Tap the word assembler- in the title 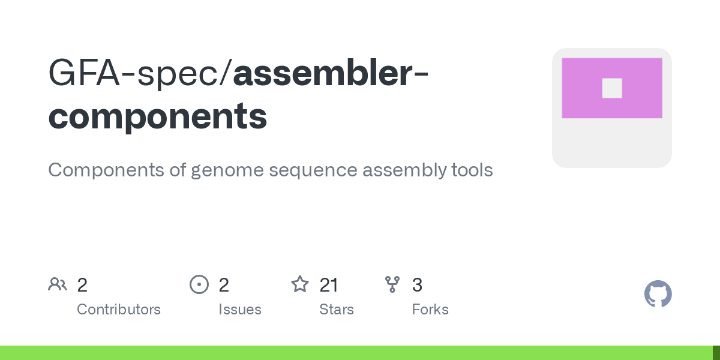point(331,73)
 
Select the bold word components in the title point(157,116)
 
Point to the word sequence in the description point(313,170)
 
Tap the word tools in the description point(472,170)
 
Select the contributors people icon point(58,284)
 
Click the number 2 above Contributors point(82,285)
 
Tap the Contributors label point(119,310)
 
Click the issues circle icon point(199,284)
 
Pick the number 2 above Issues point(224,285)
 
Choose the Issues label point(240,310)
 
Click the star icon point(299,284)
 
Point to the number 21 point(329,285)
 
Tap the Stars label point(337,310)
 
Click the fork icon point(392,284)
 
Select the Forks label point(430,310)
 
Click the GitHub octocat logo point(658,294)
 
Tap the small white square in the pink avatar point(612,88)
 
